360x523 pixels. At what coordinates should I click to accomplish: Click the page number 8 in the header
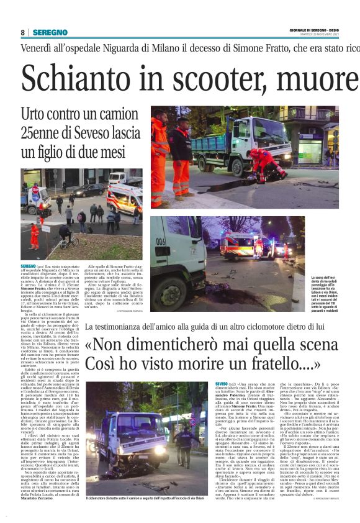[22, 32]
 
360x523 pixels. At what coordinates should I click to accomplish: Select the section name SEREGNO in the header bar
[50, 32]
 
